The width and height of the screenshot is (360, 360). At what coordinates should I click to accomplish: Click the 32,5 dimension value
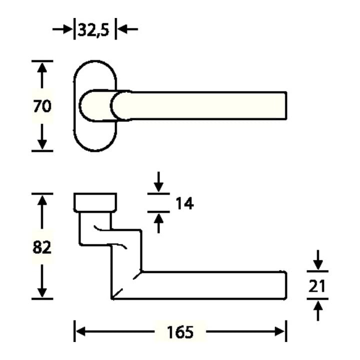click(93, 30)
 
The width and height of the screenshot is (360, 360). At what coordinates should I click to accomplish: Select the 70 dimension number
click(42, 106)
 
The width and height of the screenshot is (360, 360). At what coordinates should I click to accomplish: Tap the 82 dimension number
click(42, 247)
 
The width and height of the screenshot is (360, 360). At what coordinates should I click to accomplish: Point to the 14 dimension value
click(184, 203)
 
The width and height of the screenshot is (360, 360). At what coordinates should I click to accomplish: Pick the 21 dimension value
click(317, 286)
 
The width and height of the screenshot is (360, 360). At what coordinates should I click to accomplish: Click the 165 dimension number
click(180, 332)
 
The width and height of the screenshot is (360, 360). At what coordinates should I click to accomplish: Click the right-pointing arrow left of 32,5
click(62, 29)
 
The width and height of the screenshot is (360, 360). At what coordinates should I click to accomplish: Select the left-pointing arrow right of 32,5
click(127, 29)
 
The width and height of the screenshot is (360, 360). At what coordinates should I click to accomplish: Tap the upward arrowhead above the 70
click(42, 68)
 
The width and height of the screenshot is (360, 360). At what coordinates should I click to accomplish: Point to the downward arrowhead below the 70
click(42, 144)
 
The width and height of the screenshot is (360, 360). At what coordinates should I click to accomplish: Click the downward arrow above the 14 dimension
click(158, 181)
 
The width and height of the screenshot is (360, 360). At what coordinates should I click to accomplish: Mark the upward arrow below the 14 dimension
click(158, 223)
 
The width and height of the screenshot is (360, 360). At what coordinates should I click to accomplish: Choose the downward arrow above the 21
click(318, 259)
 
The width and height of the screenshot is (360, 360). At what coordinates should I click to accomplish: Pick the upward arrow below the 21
click(318, 310)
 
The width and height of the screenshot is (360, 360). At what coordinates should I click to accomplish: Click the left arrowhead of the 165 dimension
click(81, 331)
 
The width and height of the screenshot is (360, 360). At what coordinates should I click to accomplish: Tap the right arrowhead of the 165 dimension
click(279, 331)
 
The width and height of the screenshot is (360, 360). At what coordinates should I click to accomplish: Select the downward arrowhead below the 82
click(42, 292)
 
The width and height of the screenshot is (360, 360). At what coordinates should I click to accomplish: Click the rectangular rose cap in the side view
click(95, 202)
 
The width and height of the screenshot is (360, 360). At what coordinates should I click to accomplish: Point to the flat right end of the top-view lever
click(286, 105)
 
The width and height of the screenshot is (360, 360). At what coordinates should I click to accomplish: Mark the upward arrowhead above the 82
click(42, 200)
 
